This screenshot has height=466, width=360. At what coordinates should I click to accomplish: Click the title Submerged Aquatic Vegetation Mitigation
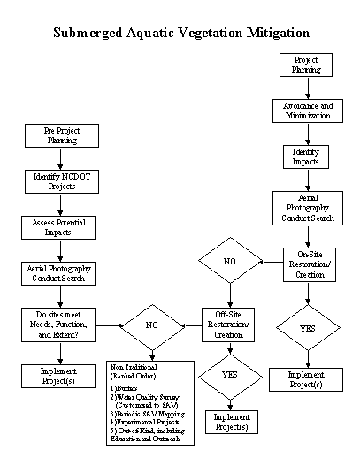pos(180,33)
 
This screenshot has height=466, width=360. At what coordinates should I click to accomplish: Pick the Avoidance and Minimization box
pos(305,111)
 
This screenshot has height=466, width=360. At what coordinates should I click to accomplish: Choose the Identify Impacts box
pos(305,157)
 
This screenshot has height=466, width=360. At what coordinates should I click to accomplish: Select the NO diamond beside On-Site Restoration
pos(229,263)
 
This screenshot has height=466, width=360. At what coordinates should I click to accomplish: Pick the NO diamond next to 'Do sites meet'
pos(151,325)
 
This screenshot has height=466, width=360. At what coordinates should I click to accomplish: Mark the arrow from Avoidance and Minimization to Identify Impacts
pos(305,133)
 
